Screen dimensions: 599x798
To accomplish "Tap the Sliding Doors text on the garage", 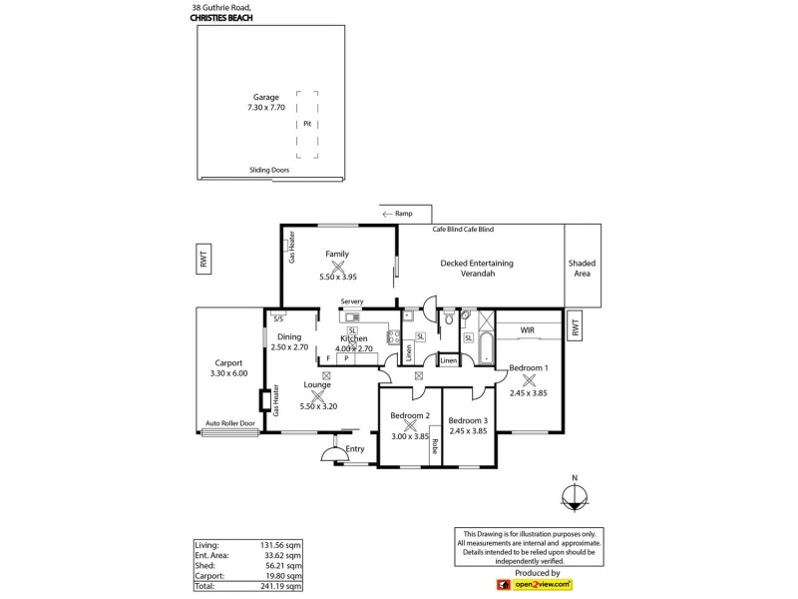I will [268, 171].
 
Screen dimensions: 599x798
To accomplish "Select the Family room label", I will [336, 254].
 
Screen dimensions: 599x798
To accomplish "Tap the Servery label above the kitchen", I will [352, 301].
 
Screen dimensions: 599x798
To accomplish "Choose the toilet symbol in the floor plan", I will [451, 319].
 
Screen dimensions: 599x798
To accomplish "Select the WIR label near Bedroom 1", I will [529, 329].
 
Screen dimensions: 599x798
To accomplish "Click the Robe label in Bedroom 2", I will [436, 448].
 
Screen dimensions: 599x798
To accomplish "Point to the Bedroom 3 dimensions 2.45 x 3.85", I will [468, 431].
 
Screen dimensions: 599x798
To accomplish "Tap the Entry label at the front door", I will [355, 449].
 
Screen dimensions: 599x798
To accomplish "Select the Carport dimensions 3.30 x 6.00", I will [229, 373].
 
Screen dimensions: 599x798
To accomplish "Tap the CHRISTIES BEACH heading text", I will [224, 17].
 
